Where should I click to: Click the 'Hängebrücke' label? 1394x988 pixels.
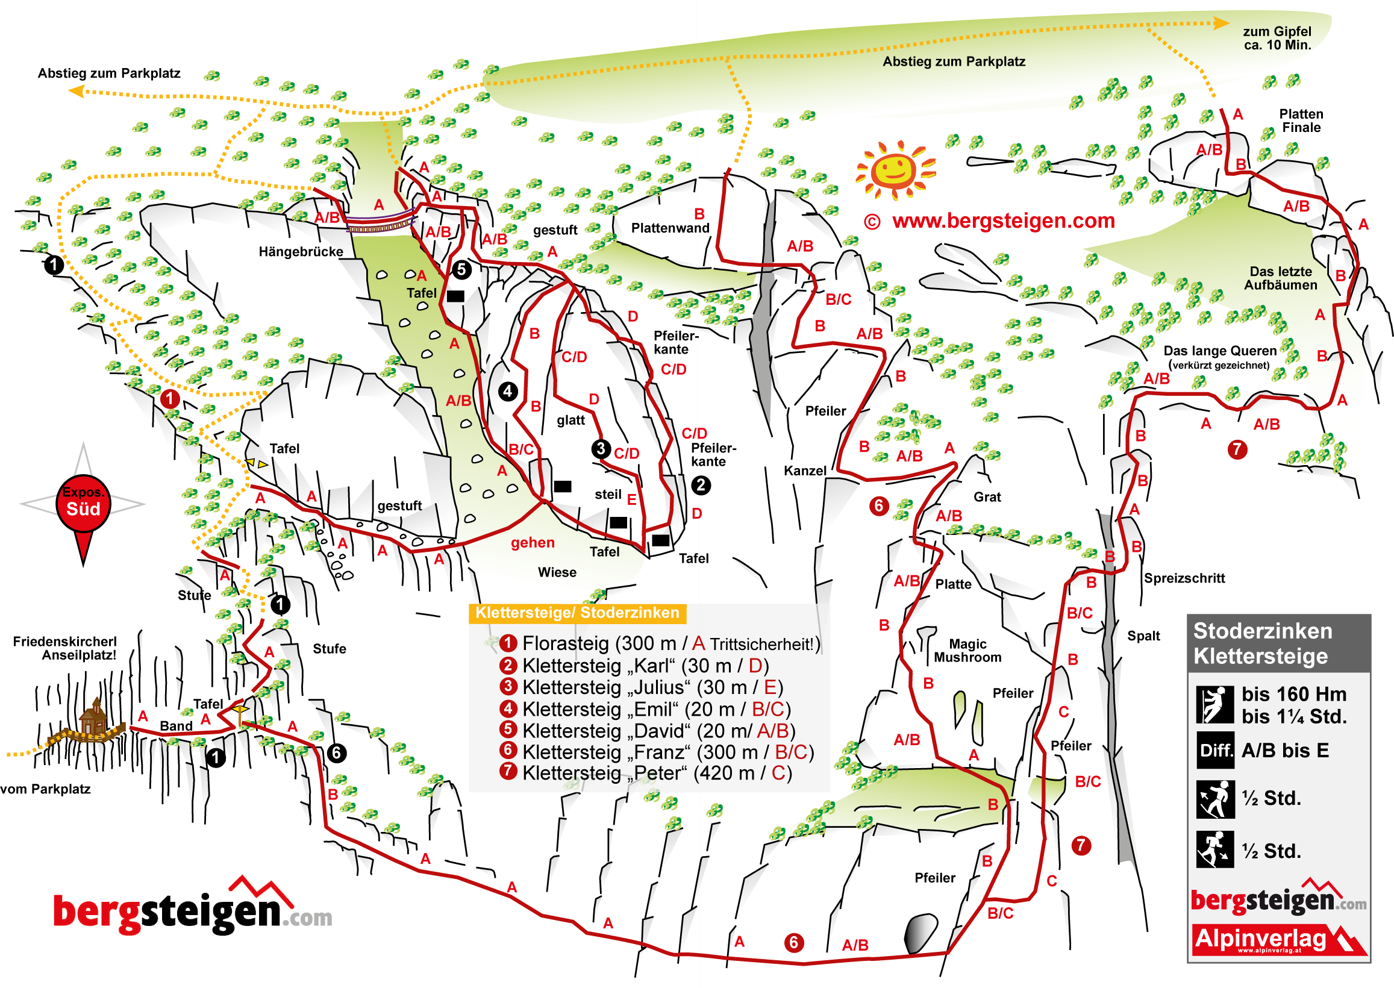[301, 252]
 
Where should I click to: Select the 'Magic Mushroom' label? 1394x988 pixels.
[967, 651]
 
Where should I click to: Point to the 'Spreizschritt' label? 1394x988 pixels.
[1184, 578]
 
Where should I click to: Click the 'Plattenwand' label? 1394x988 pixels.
[670, 228]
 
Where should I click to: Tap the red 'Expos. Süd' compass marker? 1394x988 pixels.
[83, 502]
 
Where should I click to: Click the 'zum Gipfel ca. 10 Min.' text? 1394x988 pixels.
[1277, 38]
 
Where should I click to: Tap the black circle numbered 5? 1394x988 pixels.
[461, 269]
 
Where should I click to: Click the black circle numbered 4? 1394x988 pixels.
[508, 391]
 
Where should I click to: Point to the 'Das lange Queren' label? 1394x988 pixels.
[1219, 351]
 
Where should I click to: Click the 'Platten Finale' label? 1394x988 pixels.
[1301, 120]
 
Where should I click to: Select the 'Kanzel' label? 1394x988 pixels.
[805, 471]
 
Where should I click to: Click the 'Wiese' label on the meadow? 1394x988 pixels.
[557, 572]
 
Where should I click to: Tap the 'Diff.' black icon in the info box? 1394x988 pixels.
[1214, 750]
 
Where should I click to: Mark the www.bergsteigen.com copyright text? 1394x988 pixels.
[990, 221]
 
